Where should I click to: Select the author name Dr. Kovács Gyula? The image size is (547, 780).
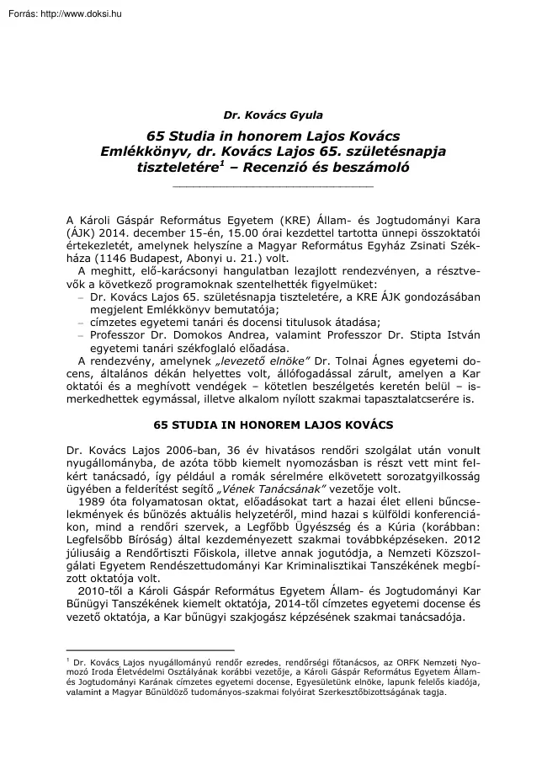[273, 115]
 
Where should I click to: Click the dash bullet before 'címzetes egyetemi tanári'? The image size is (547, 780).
[81, 323]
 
